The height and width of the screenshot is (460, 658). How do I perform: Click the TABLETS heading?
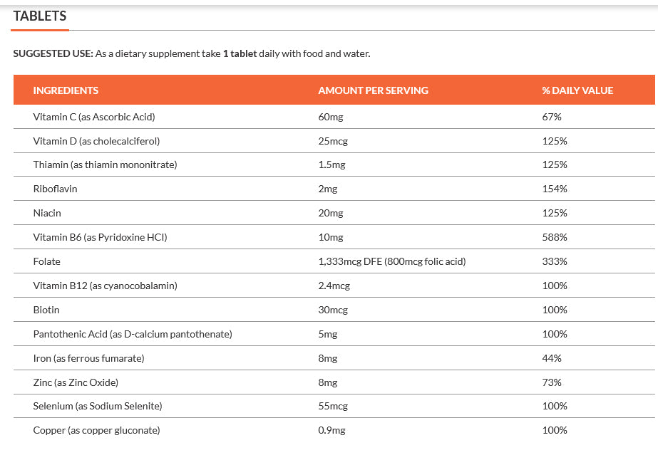coord(40,16)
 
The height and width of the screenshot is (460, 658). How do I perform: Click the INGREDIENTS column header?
coord(66,90)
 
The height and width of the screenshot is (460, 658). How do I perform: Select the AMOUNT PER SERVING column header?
coord(373,90)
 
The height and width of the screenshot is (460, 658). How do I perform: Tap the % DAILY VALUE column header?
coord(577,90)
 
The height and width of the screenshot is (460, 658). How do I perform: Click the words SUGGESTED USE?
coord(53,53)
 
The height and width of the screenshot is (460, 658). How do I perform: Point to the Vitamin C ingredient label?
coord(93,117)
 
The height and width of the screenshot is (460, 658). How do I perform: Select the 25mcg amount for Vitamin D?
coord(333,141)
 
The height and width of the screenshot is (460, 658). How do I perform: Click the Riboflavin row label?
coord(55,189)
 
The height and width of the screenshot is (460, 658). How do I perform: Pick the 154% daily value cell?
coord(555,189)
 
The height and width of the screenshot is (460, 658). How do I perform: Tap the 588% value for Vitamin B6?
coord(555,237)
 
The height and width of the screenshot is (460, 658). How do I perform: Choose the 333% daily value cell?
coord(555,261)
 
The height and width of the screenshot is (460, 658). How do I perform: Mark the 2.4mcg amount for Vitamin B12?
coord(334,286)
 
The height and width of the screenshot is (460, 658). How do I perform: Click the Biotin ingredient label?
coord(46,310)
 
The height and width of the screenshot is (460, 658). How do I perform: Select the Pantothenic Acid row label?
coord(132,334)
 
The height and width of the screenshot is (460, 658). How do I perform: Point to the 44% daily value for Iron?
coord(552,358)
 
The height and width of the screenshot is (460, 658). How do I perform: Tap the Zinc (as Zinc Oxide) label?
coord(76,382)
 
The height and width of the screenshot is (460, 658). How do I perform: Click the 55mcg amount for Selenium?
coord(333,406)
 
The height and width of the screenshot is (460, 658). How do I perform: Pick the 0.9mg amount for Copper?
coord(331,430)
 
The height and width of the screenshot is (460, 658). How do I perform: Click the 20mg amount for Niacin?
coord(331,213)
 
